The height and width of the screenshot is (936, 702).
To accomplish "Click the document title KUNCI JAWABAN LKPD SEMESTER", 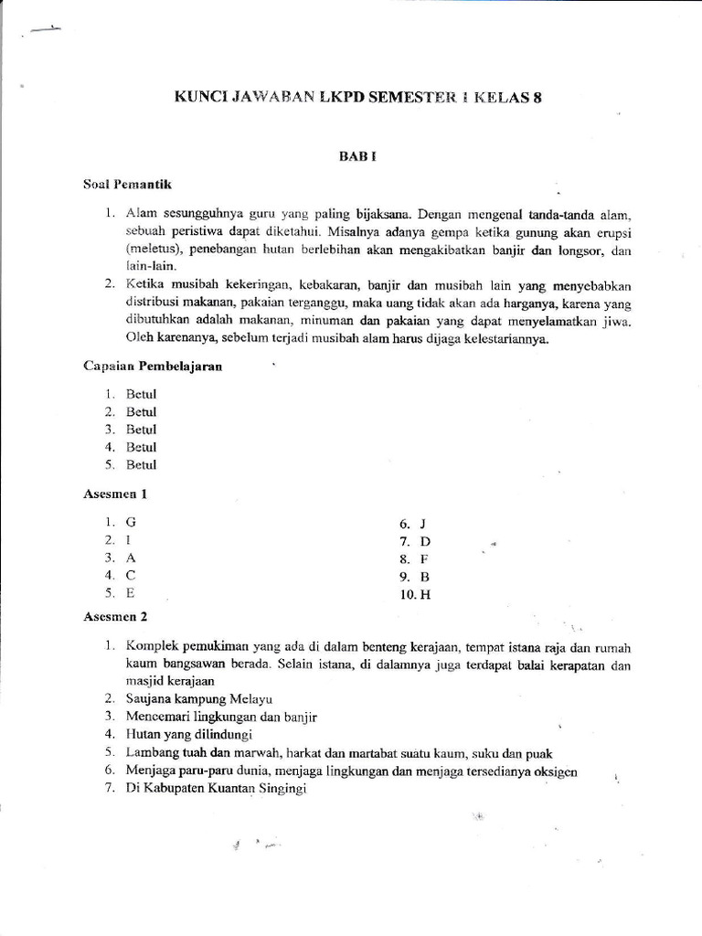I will click(x=357, y=99).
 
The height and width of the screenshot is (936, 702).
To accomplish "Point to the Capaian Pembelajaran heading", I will click(x=153, y=367).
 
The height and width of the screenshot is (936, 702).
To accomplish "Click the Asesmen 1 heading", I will click(x=115, y=495).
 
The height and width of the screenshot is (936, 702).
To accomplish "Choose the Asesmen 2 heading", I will click(x=115, y=617).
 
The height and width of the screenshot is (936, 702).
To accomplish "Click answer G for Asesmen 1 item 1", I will click(x=131, y=521).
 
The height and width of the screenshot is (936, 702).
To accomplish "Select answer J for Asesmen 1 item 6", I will click(x=422, y=524).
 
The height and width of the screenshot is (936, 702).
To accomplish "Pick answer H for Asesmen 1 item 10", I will click(x=424, y=595).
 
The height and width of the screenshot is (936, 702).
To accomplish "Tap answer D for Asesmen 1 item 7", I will click(x=424, y=541).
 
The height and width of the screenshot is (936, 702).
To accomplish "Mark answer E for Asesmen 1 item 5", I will click(x=130, y=592).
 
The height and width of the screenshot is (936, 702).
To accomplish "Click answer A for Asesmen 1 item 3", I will click(x=131, y=557).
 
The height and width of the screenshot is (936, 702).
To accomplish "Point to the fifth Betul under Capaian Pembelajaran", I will click(x=142, y=465).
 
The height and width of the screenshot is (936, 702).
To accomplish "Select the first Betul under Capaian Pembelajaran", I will click(x=142, y=394).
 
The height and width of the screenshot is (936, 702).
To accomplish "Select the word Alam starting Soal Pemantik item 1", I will click(x=142, y=214).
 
